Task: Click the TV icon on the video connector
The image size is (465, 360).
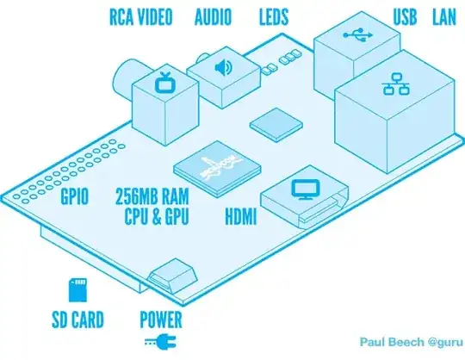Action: pyautogui.click(x=163, y=83)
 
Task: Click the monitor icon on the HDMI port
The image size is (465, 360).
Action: pyautogui.click(x=302, y=188)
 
